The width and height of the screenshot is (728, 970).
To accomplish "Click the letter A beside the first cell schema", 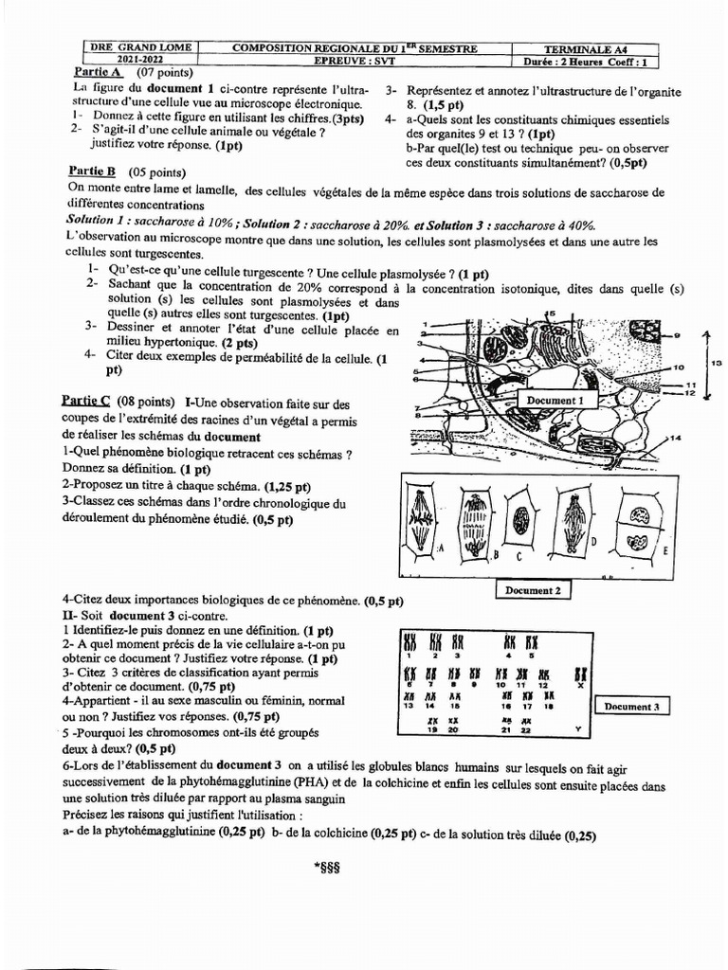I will (x=442, y=548).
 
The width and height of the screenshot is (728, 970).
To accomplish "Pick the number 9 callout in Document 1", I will (x=677, y=335).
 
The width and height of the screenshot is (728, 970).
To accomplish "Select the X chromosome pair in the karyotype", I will (x=580, y=675).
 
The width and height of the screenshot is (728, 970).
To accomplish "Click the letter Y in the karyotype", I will (x=578, y=728).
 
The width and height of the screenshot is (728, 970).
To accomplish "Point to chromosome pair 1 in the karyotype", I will (x=410, y=643).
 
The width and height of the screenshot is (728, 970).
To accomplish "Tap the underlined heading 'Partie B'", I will (x=92, y=171).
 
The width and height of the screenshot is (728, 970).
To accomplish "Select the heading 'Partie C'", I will (x=86, y=402).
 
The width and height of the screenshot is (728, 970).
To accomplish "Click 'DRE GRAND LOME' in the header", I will (x=140, y=48).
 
